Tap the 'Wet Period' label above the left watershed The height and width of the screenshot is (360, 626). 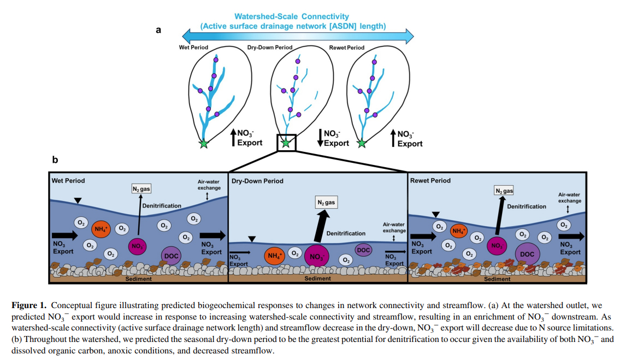point(193,48)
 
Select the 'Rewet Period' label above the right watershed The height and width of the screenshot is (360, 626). point(346,48)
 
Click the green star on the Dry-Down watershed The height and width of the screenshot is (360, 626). point(285,143)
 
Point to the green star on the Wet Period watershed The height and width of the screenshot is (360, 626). point(204,144)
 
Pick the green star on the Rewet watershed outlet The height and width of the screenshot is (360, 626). point(362,144)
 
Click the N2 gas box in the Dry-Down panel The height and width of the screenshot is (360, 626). point(326,203)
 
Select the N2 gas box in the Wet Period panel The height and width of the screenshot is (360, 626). point(141,189)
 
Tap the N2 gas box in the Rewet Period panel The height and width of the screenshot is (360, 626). point(504,191)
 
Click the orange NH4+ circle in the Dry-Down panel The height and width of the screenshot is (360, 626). point(274,256)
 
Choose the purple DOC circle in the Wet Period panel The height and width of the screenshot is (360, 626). point(171,255)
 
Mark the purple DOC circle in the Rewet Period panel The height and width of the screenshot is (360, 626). point(527,254)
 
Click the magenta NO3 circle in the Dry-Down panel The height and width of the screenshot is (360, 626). point(316,256)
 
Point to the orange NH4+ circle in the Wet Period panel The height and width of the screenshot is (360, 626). point(102,229)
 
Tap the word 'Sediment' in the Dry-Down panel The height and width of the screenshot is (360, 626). point(317,279)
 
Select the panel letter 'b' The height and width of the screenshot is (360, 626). point(55,160)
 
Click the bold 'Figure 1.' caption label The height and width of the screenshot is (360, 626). point(29,305)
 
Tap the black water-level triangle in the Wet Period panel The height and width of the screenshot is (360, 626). point(78,201)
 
